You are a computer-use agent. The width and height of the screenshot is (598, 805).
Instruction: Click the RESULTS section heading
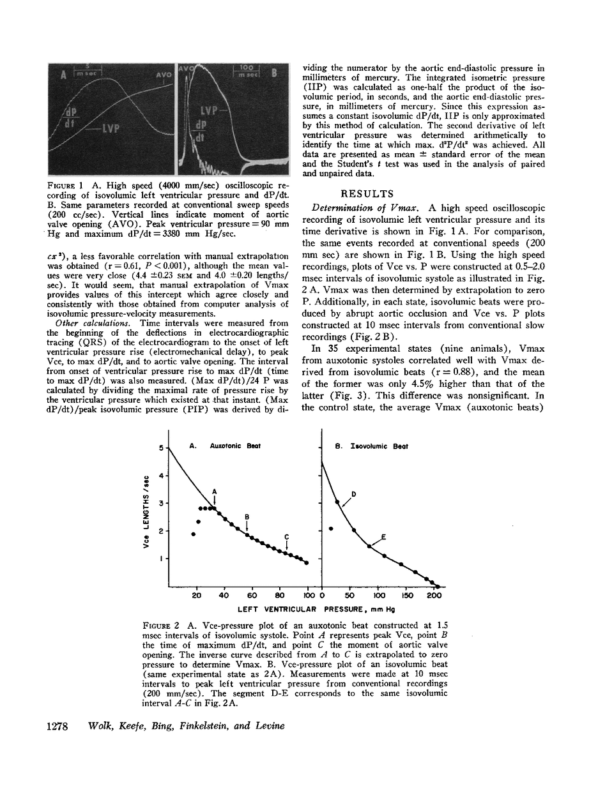pyautogui.click(x=371, y=193)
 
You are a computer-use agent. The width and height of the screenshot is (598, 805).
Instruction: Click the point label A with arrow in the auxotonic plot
pyautogui.click(x=215, y=491)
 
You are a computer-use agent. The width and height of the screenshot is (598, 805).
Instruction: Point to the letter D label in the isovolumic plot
pyautogui.click(x=353, y=494)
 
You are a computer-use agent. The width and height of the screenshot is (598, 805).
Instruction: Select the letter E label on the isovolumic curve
pyautogui.click(x=383, y=537)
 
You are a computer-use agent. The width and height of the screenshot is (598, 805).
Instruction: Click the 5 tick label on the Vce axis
pyautogui.click(x=161, y=448)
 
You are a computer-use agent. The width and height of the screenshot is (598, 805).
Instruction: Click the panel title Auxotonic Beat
pyautogui.click(x=229, y=447)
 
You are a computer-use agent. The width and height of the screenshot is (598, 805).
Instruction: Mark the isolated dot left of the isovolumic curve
pyautogui.click(x=331, y=529)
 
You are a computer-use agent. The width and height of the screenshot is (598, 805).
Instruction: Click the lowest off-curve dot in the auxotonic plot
pyautogui.click(x=193, y=534)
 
